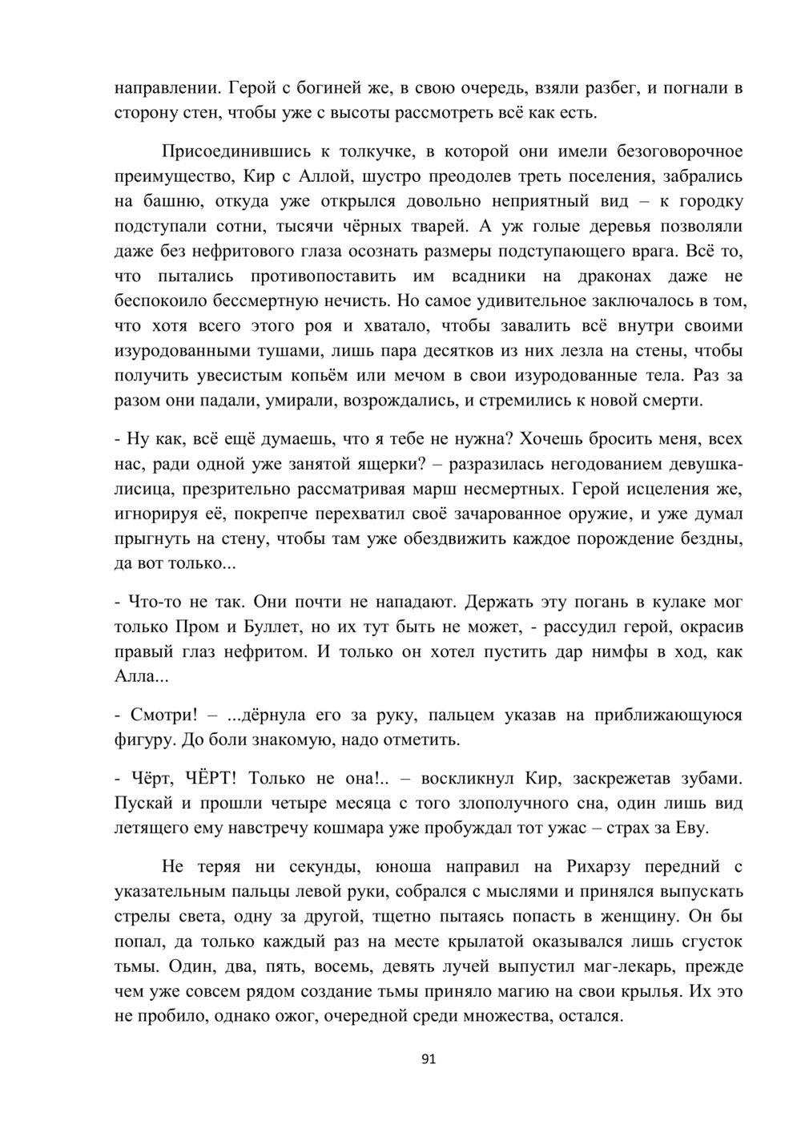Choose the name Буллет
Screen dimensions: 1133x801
tap(266, 627)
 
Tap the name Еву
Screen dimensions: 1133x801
tap(692, 829)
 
